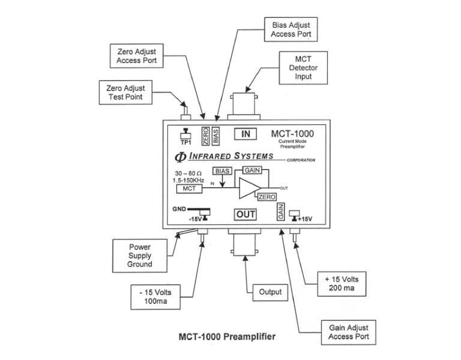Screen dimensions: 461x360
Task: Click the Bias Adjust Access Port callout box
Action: [x=291, y=29]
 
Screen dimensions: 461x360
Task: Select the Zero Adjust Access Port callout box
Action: [x=137, y=56]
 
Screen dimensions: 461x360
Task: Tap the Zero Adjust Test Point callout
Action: [x=125, y=92]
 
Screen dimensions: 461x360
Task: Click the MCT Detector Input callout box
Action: [x=303, y=68]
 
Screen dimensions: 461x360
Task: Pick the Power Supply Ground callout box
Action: [x=140, y=256]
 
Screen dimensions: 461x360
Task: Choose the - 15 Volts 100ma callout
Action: [x=155, y=297]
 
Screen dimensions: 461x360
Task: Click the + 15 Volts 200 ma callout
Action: [x=342, y=284]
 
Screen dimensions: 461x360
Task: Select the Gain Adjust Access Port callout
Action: [x=348, y=332]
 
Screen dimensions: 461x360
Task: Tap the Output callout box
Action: [x=270, y=292]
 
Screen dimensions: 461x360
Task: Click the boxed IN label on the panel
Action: [x=246, y=134]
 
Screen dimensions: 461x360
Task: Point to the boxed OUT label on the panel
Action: [x=246, y=215]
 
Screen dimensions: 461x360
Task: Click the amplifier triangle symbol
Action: [x=250, y=188]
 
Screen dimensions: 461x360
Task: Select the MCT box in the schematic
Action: [x=189, y=188]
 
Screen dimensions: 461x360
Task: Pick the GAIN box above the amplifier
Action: [x=252, y=170]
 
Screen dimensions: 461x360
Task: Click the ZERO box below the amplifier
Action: [x=267, y=197]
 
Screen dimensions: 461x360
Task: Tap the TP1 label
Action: [x=186, y=143]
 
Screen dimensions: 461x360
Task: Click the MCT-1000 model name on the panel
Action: [x=292, y=134]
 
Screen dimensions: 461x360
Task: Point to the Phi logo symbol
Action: [x=180, y=157]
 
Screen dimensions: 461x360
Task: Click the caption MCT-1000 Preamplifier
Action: [x=227, y=337]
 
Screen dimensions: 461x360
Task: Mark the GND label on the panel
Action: [x=179, y=209]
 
